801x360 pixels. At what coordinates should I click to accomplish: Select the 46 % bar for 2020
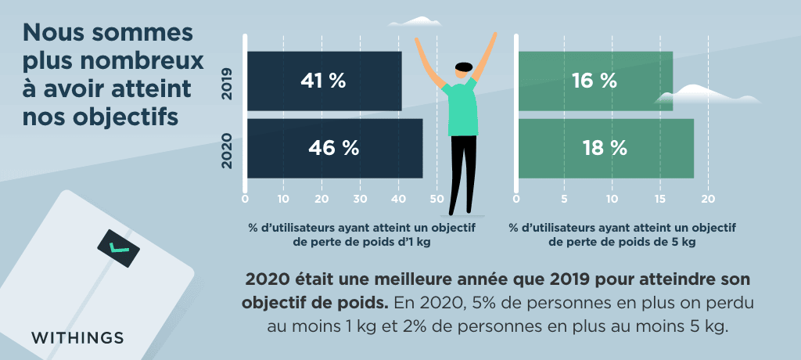(335, 148)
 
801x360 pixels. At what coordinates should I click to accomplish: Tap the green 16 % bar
(594, 81)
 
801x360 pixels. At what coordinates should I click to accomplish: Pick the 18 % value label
(605, 148)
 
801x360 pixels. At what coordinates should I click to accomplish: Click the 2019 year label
(228, 81)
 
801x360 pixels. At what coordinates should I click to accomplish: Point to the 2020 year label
(228, 149)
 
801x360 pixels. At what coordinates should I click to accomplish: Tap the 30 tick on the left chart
(360, 199)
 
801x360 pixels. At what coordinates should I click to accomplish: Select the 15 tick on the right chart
(661, 199)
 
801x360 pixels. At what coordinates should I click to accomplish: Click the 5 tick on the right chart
(564, 199)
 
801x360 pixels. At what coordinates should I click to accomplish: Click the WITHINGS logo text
(77, 338)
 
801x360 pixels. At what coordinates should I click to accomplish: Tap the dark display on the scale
(119, 248)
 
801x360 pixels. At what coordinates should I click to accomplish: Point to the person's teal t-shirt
(464, 110)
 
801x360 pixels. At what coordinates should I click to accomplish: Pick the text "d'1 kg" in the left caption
(412, 243)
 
